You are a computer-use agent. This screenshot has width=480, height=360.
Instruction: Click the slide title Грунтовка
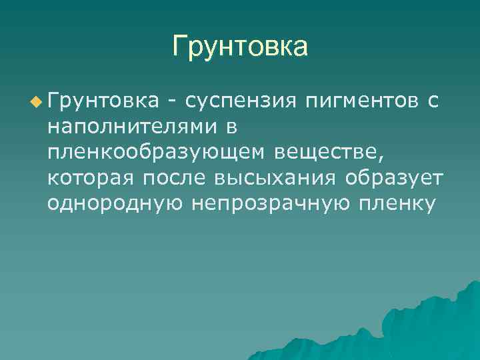240,47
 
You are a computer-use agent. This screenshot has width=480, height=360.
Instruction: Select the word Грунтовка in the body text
103,101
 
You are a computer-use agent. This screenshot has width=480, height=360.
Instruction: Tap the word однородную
115,203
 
